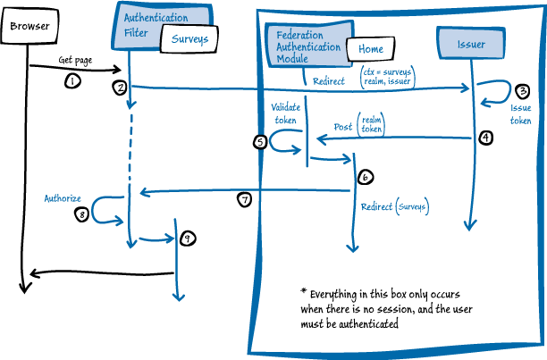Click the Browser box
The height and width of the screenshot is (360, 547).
coord(29,26)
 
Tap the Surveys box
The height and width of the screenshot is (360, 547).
coord(190,39)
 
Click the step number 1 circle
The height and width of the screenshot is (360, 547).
coord(73,81)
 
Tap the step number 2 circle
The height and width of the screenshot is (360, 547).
coord(119,88)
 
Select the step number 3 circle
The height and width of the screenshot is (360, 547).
coord(523,90)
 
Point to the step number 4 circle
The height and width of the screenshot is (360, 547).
coord(485,138)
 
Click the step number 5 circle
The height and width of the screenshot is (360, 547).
coord(261,141)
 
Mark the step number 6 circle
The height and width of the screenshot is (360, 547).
coord(365,177)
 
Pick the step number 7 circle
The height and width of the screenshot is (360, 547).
coord(244,200)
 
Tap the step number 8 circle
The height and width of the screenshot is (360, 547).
coord(82,214)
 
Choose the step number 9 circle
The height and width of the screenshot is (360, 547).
coord(187,239)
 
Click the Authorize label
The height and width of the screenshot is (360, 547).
coord(63,197)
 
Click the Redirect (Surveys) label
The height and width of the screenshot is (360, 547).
coord(395,207)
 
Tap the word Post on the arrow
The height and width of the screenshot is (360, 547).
coord(342,126)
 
